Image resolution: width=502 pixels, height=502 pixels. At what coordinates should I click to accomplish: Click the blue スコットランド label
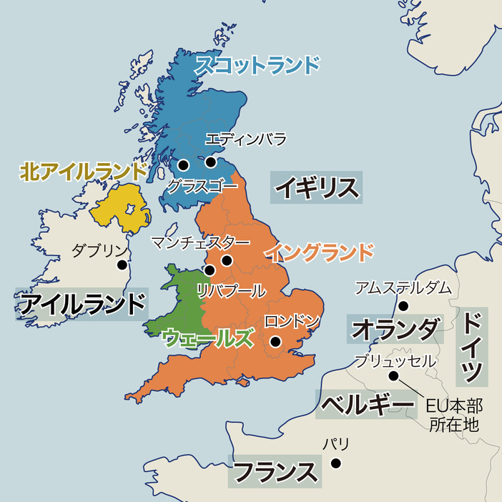pos(257,65)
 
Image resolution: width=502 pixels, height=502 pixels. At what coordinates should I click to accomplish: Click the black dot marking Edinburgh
pos(210,162)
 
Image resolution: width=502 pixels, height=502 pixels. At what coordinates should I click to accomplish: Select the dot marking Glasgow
pos(184,164)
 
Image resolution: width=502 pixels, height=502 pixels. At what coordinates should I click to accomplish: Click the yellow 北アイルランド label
pos(83,171)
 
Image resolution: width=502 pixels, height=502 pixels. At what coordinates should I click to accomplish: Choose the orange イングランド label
pos(319,252)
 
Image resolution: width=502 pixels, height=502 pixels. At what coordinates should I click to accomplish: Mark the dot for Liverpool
pos(210,270)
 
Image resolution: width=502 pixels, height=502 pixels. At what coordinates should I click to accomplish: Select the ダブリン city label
pos(99,250)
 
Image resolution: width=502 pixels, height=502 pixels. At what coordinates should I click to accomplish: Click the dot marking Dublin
pos(122,265)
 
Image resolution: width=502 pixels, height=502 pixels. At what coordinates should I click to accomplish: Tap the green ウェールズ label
pos(208,338)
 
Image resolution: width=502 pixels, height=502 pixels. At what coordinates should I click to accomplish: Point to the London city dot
pos(274,343)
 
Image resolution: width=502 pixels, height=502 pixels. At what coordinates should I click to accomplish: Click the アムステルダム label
pos(403,287)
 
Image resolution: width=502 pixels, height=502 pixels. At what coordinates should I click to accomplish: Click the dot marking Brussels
pos(393,375)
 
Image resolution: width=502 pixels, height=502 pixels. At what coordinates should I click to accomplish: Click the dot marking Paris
pos(335,463)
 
